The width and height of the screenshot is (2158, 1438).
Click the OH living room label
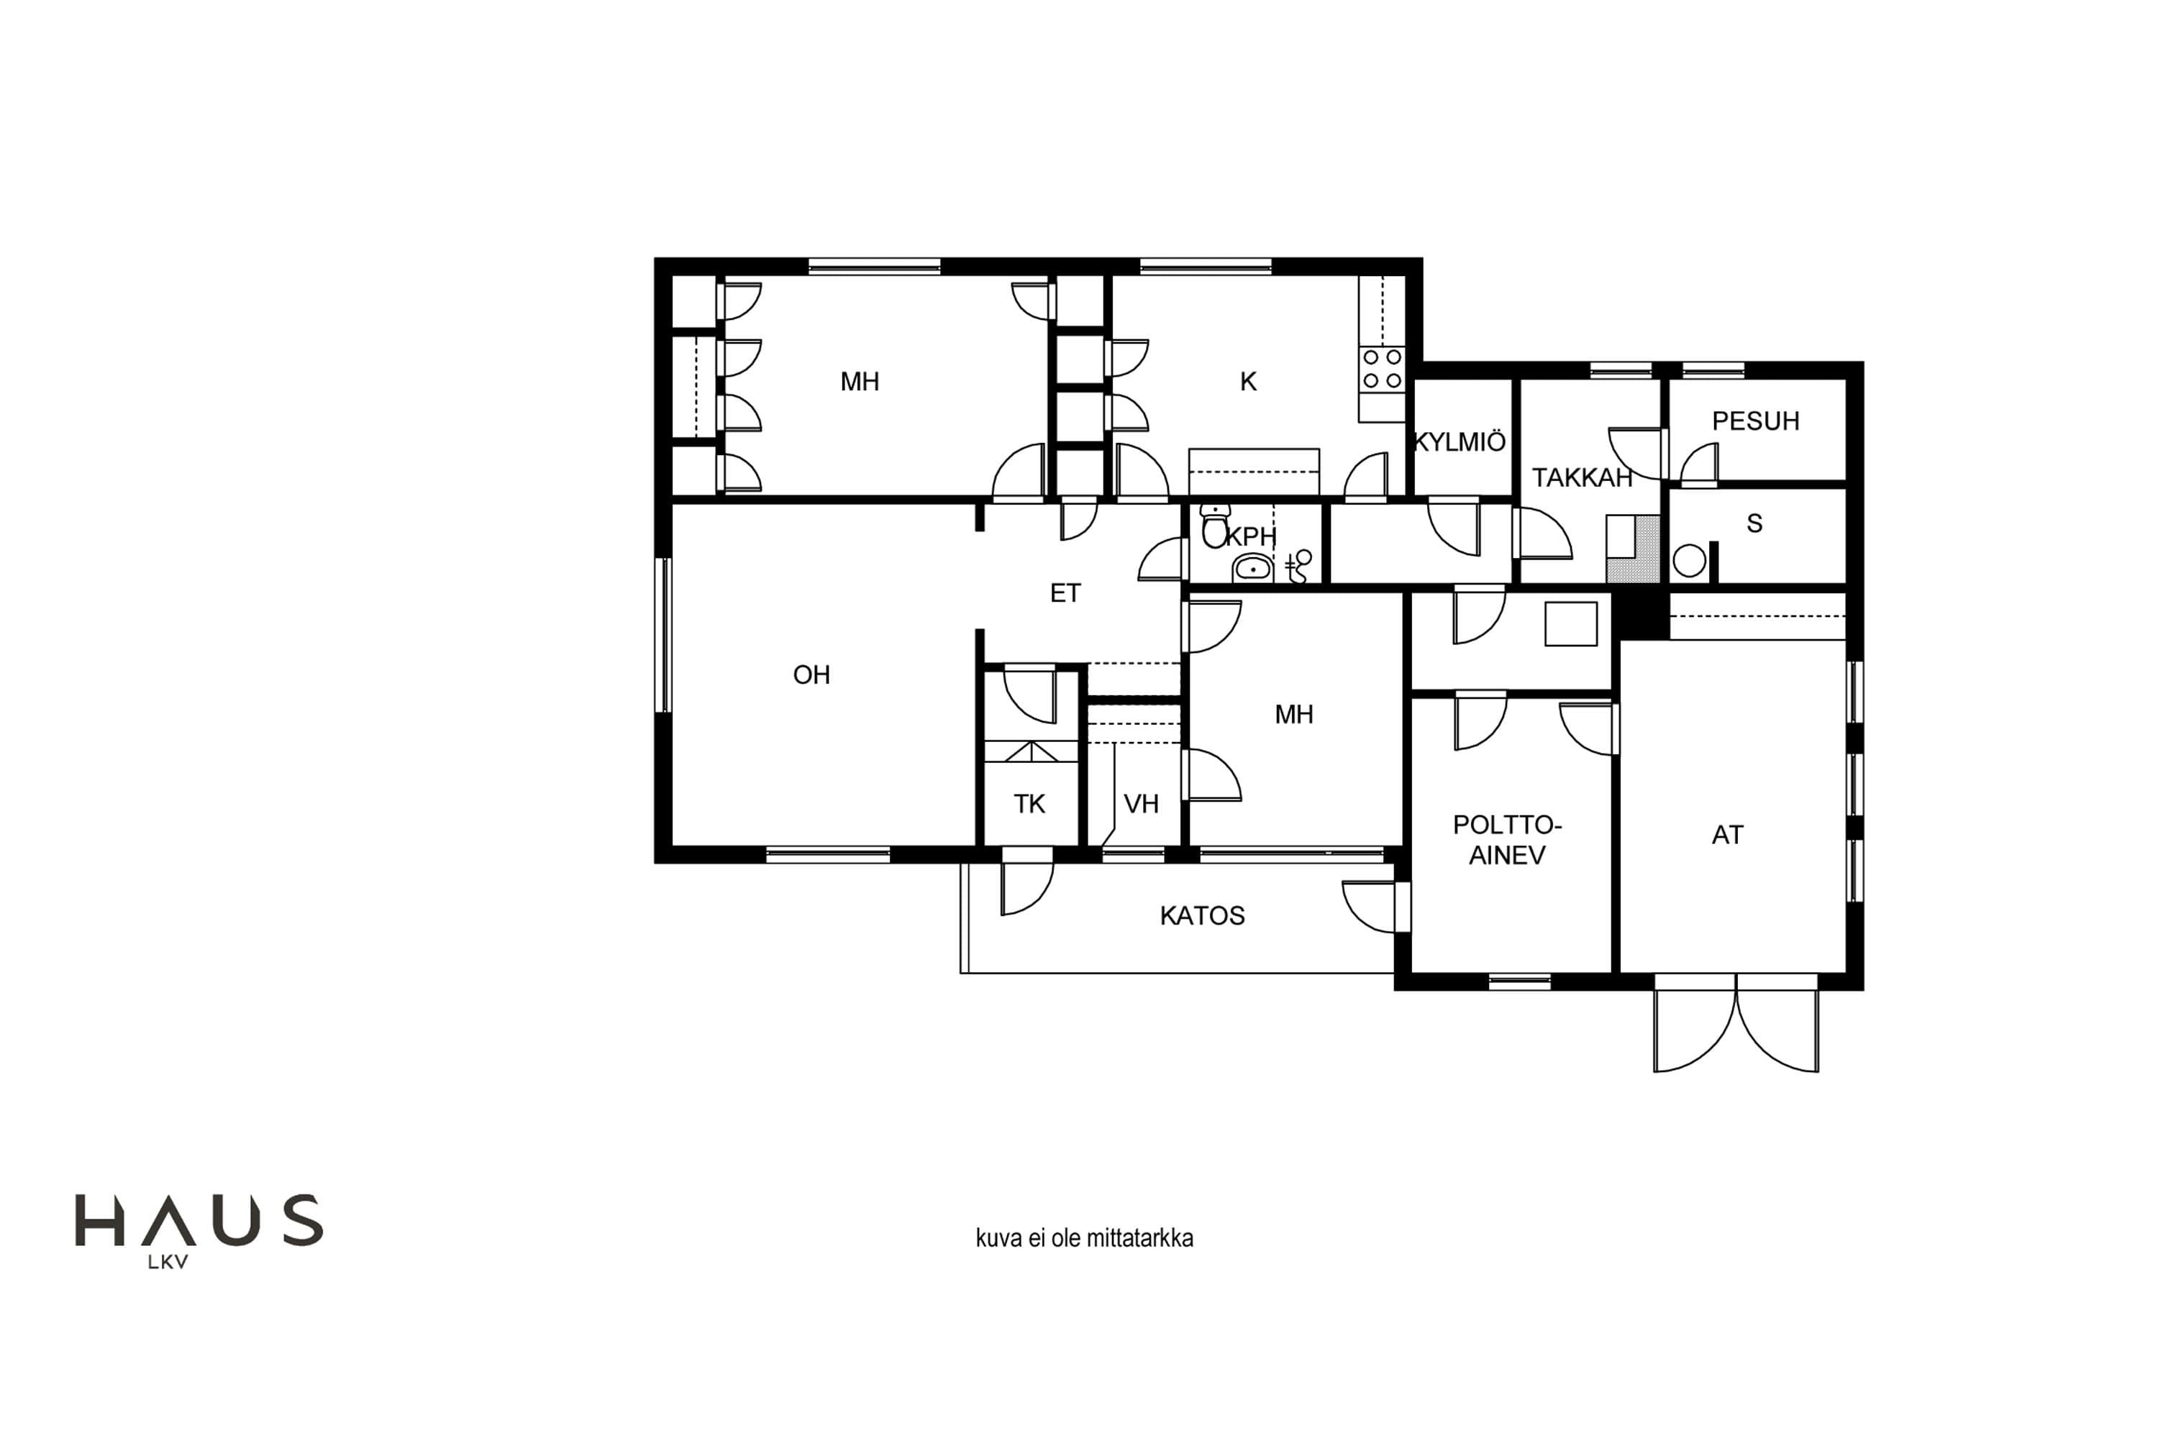[x=811, y=675]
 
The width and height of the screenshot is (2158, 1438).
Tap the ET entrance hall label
[x=1065, y=593]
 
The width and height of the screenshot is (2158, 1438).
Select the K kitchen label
[x=1248, y=382]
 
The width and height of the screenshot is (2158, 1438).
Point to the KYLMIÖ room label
[x=1460, y=442]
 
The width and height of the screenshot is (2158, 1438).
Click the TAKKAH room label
[x=1582, y=478]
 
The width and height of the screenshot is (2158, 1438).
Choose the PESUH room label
[x=1755, y=421]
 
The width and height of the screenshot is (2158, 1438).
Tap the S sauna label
[x=1754, y=523]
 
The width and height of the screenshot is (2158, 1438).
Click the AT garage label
[x=1728, y=835]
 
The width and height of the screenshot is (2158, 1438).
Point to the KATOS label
[x=1202, y=915]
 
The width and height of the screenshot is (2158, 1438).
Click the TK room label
[x=1029, y=805]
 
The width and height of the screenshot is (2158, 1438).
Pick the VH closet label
[x=1142, y=805]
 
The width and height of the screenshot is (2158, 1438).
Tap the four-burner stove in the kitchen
[x=1382, y=369]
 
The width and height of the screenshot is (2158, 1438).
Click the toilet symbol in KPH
[x=1215, y=526]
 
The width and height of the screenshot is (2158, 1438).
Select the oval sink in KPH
[x=1252, y=569]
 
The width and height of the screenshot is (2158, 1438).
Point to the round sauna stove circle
[x=1689, y=560]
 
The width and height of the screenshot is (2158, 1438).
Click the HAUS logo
[x=199, y=1221]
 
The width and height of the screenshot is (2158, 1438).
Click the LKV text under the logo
[x=168, y=1262]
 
